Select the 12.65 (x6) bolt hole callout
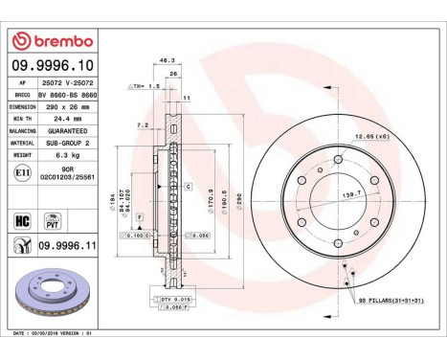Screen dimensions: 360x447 click(368, 138)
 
